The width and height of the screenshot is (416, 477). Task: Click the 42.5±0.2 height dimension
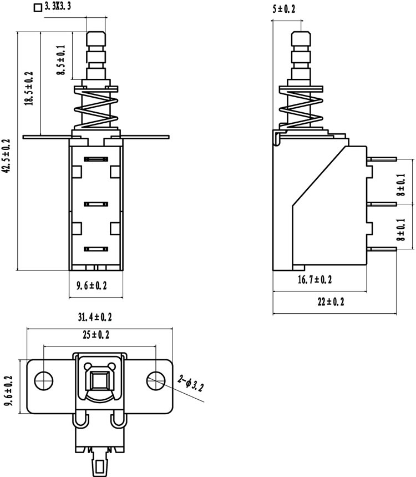[7, 156]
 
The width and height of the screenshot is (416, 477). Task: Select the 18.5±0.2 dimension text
[29, 88]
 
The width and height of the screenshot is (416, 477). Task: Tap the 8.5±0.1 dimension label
[61, 60]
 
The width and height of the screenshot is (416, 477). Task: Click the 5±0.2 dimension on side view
[284, 9]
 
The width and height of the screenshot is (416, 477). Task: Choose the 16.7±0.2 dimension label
[315, 279]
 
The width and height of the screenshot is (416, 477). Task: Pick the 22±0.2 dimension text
[331, 302]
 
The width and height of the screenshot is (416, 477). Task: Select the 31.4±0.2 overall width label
[95, 317]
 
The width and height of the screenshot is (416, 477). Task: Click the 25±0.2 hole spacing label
[96, 335]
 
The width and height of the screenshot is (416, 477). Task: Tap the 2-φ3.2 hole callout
[191, 383]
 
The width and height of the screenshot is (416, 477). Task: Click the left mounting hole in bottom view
[44, 380]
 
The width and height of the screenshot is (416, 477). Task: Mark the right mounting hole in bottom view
[156, 380]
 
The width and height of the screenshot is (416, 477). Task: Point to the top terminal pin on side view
[382, 159]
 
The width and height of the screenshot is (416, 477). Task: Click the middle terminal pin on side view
[382, 204]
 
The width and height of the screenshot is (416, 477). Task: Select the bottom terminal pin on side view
[382, 249]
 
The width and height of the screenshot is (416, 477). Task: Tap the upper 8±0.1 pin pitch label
[401, 184]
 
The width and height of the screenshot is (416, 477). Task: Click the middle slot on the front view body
[96, 204]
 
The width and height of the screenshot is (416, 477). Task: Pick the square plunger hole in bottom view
[98, 380]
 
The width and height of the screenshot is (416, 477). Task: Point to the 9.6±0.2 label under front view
[92, 285]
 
